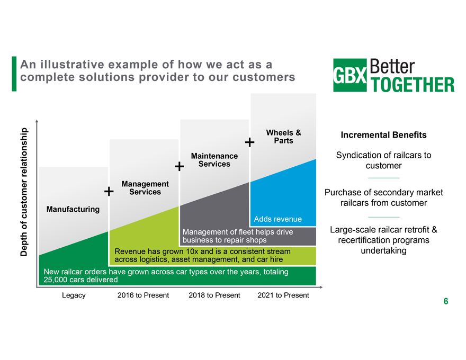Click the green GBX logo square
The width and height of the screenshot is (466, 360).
tap(350, 75)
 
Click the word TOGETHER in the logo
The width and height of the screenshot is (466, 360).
tap(413, 85)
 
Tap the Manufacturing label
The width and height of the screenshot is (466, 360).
tap(73, 209)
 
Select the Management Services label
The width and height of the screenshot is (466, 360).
tap(145, 188)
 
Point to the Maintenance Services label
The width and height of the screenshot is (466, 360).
tap(214, 160)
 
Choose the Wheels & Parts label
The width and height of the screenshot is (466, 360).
tap(283, 137)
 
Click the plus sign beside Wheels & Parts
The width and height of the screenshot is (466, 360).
tap(249, 142)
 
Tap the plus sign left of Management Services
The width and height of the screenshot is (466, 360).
tap(109, 191)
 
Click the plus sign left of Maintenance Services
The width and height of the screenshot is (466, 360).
tap(179, 166)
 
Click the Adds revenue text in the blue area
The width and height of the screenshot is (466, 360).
tap(277, 219)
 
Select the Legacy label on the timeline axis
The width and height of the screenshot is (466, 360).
tap(74, 295)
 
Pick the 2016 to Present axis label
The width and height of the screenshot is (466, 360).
tap(143, 295)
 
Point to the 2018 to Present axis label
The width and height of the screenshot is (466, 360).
tap(214, 295)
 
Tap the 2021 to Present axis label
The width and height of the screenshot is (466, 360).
tap(283, 295)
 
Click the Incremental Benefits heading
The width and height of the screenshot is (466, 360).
tap(384, 135)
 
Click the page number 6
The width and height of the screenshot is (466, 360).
tap(446, 301)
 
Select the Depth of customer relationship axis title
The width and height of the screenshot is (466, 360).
tap(24, 192)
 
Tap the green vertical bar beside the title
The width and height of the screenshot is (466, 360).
tap(14, 74)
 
